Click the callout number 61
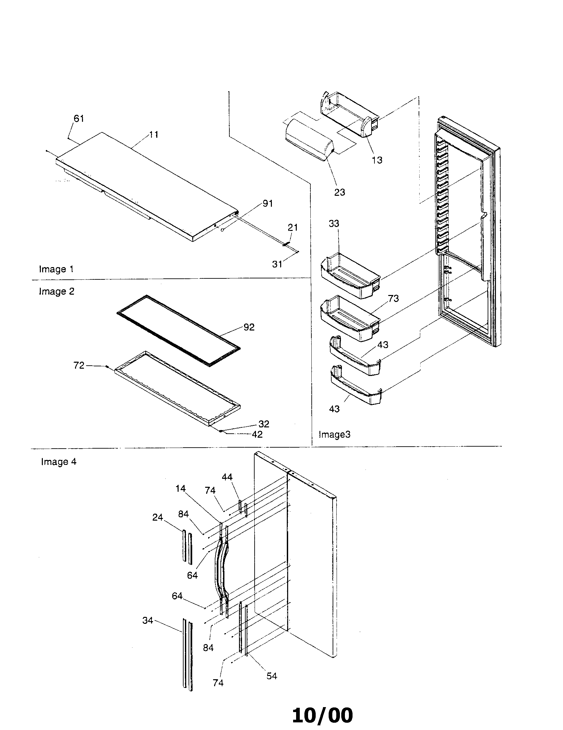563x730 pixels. pos(79,118)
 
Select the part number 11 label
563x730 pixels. pos(153,134)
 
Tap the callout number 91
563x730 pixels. pos(268,203)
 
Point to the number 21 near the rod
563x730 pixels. pos(292,227)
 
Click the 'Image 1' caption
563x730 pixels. pos(56,269)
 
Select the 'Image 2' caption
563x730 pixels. pos(56,291)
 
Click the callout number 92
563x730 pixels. pos(249,327)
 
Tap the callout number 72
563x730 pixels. pos(79,365)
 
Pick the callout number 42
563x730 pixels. pos(257,434)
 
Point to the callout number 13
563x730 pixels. pos(377,160)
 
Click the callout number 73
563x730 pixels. pos(393,299)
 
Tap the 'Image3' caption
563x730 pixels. pos(334,435)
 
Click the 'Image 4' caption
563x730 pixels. pos(58,462)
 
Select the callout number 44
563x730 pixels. pos(227,477)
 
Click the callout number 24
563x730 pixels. pos(157,517)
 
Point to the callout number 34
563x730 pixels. pos(147,620)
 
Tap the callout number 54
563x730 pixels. pos(272,676)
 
